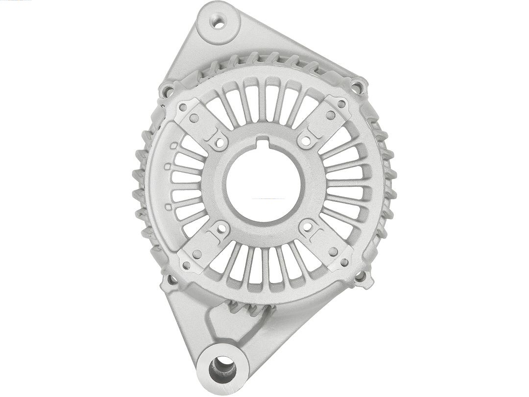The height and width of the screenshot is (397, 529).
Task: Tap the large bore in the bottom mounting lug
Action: (223, 367)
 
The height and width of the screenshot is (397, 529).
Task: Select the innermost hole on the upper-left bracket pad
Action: (221, 143)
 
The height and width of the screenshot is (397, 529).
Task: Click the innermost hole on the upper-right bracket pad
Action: (306, 141)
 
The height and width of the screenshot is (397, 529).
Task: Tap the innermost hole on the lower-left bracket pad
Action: (221, 228)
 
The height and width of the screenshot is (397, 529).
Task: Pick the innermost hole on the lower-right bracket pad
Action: (307, 227)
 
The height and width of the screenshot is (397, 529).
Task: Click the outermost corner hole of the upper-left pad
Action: (184, 106)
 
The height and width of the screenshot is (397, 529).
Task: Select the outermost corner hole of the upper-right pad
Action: (341, 104)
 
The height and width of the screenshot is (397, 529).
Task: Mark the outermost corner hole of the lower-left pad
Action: (187, 265)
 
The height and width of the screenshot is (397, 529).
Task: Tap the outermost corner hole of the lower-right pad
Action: (344, 263)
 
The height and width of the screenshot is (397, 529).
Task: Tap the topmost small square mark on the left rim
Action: (173, 146)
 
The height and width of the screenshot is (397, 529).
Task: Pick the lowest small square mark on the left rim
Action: (168, 207)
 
